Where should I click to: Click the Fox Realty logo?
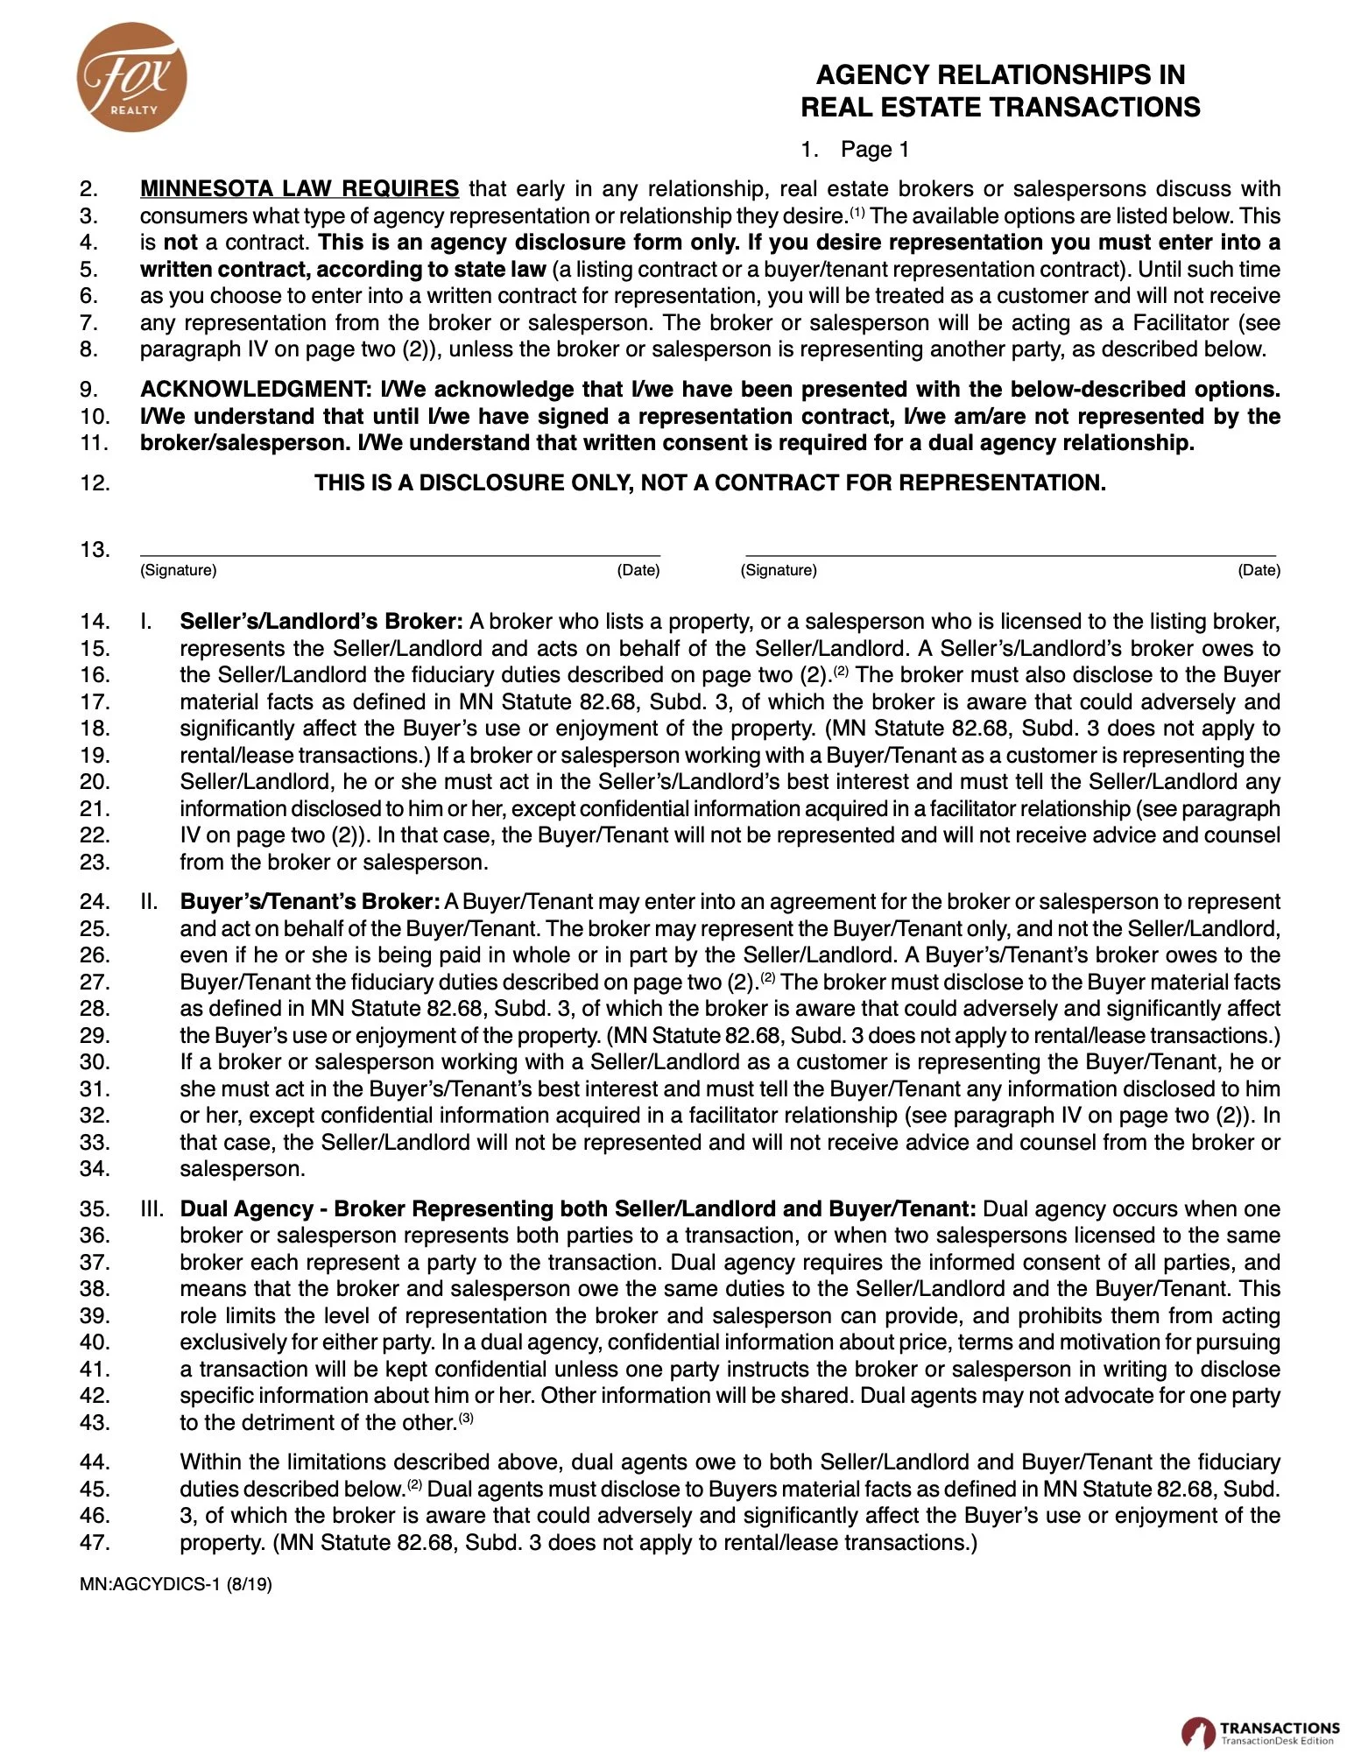pyautogui.click(x=132, y=78)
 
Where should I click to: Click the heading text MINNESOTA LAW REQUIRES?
pyautogui.click(x=299, y=188)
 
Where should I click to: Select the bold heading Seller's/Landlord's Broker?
pyautogui.click(x=321, y=622)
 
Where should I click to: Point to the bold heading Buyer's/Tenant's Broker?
pyautogui.click(x=309, y=902)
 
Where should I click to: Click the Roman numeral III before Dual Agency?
pyautogui.click(x=152, y=1209)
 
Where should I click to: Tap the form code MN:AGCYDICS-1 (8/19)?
pyautogui.click(x=175, y=1585)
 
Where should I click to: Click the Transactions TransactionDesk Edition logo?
pyautogui.click(x=1260, y=1732)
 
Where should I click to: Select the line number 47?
pyautogui.click(x=95, y=1543)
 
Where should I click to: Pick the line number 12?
pyautogui.click(x=95, y=483)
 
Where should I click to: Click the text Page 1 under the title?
pyautogui.click(x=874, y=150)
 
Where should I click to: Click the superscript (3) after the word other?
pyautogui.click(x=466, y=1418)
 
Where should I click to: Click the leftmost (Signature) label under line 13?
pyautogui.click(x=178, y=571)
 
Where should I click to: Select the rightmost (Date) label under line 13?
pyautogui.click(x=1259, y=571)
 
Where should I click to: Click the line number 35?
pyautogui.click(x=95, y=1209)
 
